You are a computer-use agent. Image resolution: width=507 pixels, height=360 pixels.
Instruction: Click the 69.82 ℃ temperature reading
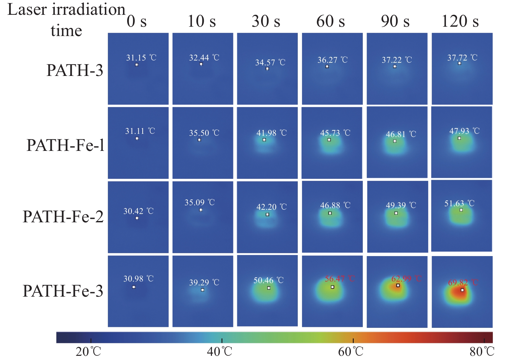(463, 283)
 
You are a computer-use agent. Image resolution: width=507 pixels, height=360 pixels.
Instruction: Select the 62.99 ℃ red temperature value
(406, 279)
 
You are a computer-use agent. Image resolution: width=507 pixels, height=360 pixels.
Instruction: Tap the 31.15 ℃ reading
(141, 58)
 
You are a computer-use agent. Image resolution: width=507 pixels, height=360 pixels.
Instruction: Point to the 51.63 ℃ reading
(459, 203)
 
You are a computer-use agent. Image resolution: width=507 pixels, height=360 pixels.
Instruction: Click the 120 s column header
(460, 21)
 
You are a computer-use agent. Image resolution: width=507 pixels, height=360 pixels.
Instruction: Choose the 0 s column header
(136, 21)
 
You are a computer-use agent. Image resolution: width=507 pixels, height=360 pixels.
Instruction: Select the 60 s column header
(331, 21)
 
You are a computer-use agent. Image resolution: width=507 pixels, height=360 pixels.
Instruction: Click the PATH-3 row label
(75, 70)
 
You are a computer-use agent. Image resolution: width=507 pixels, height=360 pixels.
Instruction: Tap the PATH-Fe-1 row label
(66, 145)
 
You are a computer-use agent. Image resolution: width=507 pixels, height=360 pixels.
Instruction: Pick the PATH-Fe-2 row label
(63, 217)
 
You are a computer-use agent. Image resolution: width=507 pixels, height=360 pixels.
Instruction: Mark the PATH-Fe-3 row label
(63, 291)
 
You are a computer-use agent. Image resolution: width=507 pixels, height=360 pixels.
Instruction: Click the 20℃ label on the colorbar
(88, 352)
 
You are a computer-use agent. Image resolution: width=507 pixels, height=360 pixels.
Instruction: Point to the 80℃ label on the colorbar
(482, 352)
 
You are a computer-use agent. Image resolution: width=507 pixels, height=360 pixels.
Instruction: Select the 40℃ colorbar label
(219, 352)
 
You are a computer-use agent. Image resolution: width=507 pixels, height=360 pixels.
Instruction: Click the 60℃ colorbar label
(351, 352)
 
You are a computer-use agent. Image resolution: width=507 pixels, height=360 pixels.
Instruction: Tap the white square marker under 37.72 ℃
(459, 63)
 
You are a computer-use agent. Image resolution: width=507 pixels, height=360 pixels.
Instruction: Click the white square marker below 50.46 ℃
(269, 288)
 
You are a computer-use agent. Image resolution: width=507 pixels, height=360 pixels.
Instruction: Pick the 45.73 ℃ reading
(335, 133)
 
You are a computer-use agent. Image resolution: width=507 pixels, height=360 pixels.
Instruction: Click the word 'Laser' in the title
(27, 10)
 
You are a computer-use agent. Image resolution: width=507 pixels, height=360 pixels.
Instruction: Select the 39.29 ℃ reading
(204, 282)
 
